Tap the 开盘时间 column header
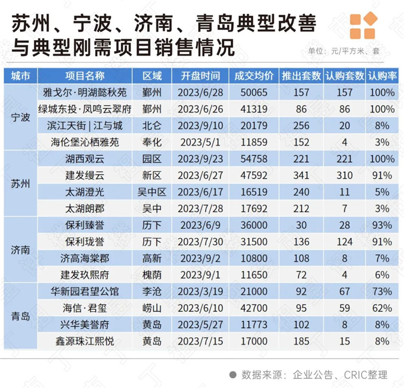pos(200,76)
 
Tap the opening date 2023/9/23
pos(200,158)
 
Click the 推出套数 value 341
pos(301,175)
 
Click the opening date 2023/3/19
pos(200,292)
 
